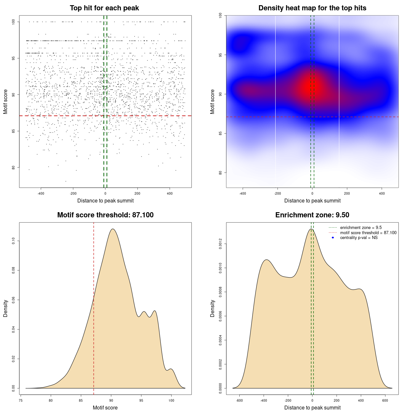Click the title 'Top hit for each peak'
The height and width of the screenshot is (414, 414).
104,8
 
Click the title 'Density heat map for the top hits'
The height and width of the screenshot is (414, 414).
312,8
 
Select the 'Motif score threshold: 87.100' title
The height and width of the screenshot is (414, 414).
105,215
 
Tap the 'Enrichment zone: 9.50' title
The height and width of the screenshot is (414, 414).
312,215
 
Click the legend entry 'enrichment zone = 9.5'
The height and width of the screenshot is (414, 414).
361,228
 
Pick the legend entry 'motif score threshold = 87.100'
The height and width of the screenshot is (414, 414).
368,233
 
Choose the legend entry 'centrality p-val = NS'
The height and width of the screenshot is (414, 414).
359,238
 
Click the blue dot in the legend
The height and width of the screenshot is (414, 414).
333,238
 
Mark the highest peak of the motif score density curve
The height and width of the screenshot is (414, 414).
113,229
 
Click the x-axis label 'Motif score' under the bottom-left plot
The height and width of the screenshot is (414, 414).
105,408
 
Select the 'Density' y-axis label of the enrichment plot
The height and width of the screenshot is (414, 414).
212,308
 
